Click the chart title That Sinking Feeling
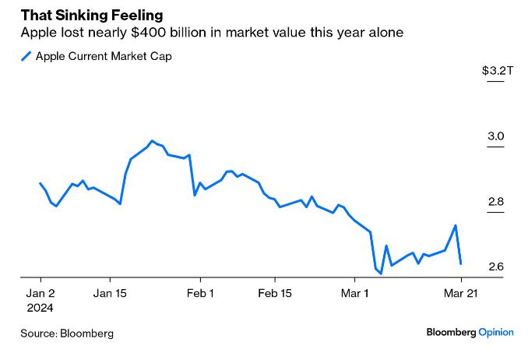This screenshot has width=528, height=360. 92,16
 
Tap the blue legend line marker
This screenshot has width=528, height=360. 26,56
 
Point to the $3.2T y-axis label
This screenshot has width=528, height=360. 498,71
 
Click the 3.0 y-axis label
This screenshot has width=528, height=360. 496,136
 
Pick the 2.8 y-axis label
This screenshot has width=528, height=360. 496,202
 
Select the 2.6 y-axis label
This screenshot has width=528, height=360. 496,267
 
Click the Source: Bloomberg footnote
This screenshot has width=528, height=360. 67,333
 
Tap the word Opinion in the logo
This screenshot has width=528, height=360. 496,332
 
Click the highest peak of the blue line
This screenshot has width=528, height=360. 151,141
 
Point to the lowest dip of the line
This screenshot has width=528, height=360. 381,274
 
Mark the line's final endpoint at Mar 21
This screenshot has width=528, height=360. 461,263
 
